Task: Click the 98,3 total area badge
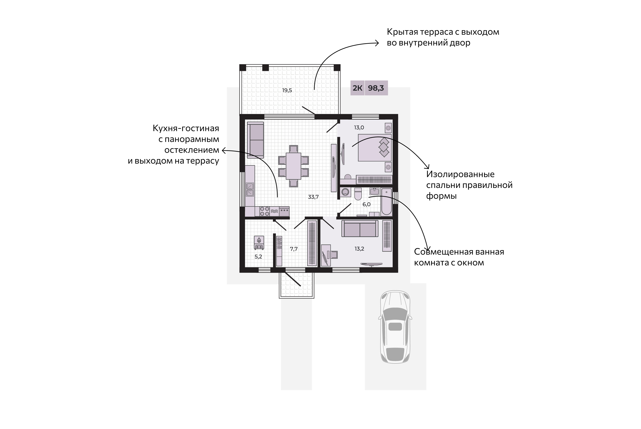(x=376, y=88)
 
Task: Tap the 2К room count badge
(x=358, y=88)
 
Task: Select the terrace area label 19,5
(x=287, y=90)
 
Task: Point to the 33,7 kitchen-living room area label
(x=313, y=197)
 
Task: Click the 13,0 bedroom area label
(x=359, y=128)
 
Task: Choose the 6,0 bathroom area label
(x=367, y=204)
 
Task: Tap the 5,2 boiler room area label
(x=258, y=257)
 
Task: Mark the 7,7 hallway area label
(x=294, y=249)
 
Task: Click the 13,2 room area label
(x=360, y=249)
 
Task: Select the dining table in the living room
(x=294, y=166)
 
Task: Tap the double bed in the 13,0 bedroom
(x=375, y=147)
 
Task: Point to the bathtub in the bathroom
(x=387, y=202)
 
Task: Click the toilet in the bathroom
(x=358, y=194)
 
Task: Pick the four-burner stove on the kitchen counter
(x=264, y=211)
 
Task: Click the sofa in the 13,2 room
(x=360, y=229)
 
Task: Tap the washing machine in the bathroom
(x=346, y=192)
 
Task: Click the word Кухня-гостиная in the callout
(x=186, y=128)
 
